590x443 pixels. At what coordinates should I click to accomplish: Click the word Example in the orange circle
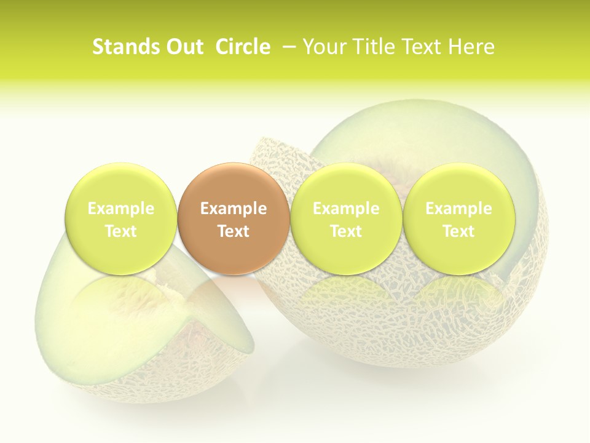tap(234, 209)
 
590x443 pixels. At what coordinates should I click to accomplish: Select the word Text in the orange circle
tap(234, 231)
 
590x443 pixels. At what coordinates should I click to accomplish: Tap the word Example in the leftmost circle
tap(121, 209)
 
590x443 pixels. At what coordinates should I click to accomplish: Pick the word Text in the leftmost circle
tap(121, 231)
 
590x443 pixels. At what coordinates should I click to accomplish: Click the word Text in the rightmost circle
tap(459, 231)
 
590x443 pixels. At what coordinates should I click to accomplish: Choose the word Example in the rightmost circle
tap(459, 209)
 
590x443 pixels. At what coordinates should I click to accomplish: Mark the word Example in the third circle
tap(346, 209)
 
